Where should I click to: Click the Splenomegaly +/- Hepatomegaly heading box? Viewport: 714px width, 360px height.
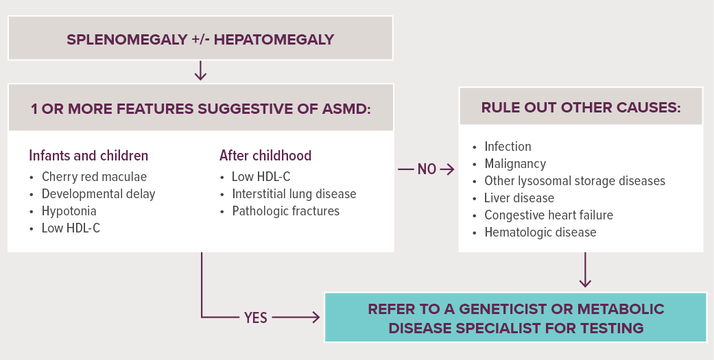coord(200,38)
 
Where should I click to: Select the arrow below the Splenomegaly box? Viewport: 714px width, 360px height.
coord(200,71)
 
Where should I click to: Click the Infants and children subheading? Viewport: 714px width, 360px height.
coord(88,156)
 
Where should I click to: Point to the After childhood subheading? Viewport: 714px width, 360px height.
coord(265,156)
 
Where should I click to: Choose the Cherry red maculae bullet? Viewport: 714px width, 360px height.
coord(94,177)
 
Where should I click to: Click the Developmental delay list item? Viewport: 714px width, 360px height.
coord(98,194)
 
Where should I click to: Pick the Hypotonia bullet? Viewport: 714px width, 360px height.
coord(69,211)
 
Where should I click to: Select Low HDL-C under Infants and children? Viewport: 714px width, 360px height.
coord(71,228)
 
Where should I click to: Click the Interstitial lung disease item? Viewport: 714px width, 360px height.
coord(294,194)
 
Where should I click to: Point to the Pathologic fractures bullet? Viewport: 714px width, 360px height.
coord(285,211)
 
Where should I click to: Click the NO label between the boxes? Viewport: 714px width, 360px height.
coord(427,169)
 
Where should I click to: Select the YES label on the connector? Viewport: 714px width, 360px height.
coord(255,317)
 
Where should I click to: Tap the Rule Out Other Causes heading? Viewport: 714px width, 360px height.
coord(580,108)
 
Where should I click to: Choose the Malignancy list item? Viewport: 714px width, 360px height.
coord(515,164)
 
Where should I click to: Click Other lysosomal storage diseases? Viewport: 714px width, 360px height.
coord(575,180)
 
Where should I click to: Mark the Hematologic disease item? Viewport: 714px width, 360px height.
coord(540,232)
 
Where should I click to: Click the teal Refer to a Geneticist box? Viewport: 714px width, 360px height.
coord(516,317)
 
